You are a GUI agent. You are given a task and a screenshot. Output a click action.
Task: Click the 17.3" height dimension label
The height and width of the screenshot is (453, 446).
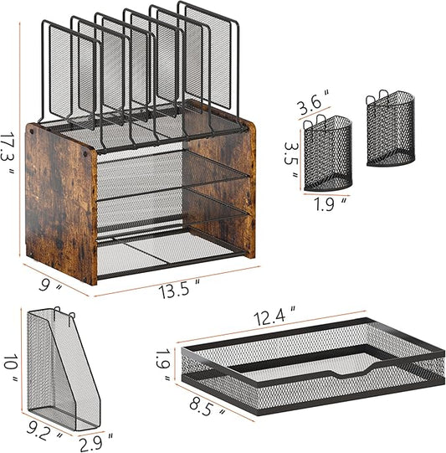tap(8, 155)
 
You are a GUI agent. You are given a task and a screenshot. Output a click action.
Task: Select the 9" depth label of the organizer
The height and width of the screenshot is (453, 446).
tap(50, 286)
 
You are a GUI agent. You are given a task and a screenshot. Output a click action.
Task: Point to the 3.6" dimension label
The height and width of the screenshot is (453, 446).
tap(314, 101)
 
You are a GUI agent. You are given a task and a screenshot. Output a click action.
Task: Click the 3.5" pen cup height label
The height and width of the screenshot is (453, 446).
tap(291, 159)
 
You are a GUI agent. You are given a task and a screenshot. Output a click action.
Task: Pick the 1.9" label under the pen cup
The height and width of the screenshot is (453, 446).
tap(330, 204)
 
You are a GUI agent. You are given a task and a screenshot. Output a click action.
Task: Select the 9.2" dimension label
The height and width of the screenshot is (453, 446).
tap(44, 430)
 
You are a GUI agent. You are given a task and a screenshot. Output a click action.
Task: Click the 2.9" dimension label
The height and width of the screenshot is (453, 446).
tap(95, 442)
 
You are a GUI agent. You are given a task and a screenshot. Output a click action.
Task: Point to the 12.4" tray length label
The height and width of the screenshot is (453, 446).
tap(274, 317)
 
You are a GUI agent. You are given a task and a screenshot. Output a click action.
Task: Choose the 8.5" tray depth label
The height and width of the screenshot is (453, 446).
tap(207, 406)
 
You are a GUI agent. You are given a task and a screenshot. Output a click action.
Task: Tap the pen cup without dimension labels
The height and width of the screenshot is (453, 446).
tap(391, 129)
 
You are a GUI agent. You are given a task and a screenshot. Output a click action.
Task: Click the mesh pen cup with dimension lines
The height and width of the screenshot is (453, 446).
tap(328, 152)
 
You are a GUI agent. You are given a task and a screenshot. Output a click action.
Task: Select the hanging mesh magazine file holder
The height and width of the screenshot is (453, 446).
tap(64, 370)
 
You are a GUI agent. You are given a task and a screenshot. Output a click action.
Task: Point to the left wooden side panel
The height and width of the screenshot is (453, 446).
tap(61, 203)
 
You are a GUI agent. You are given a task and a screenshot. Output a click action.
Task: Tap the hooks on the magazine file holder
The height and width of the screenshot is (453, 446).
tap(64, 315)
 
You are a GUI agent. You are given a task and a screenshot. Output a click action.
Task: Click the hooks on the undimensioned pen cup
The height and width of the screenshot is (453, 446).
tap(377, 97)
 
